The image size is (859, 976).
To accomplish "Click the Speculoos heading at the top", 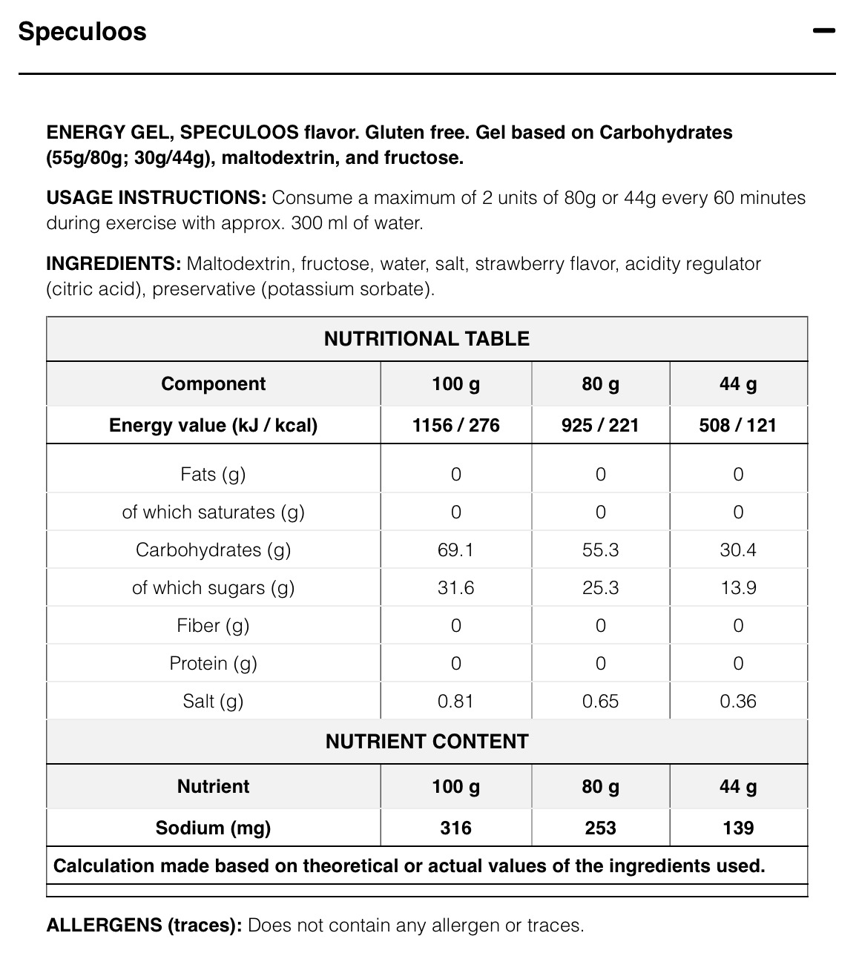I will [x=82, y=32].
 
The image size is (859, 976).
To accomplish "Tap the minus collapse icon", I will [x=823, y=31].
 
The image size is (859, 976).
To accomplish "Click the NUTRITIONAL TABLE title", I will [x=427, y=339].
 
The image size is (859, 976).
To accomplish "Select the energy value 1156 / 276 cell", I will [x=455, y=425].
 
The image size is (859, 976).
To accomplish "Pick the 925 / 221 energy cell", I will [x=600, y=425].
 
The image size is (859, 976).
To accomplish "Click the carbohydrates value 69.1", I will [x=455, y=550].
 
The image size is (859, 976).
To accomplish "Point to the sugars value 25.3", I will [x=600, y=587].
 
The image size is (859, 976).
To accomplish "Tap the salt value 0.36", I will [x=737, y=701].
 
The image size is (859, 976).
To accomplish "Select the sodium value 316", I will [x=455, y=828].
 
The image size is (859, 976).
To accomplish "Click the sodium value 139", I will [x=737, y=828].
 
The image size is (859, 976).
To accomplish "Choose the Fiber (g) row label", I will [x=213, y=625].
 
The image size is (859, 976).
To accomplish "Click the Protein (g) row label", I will [x=213, y=663].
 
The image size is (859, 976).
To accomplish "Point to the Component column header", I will [x=213, y=383].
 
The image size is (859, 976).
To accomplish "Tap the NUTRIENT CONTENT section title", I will [x=427, y=742].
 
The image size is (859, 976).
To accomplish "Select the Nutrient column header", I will [x=213, y=786].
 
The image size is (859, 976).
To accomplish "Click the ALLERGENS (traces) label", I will [x=144, y=926].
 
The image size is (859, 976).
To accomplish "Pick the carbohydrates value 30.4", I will [x=737, y=550].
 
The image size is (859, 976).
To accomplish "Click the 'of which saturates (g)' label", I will [x=213, y=512].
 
